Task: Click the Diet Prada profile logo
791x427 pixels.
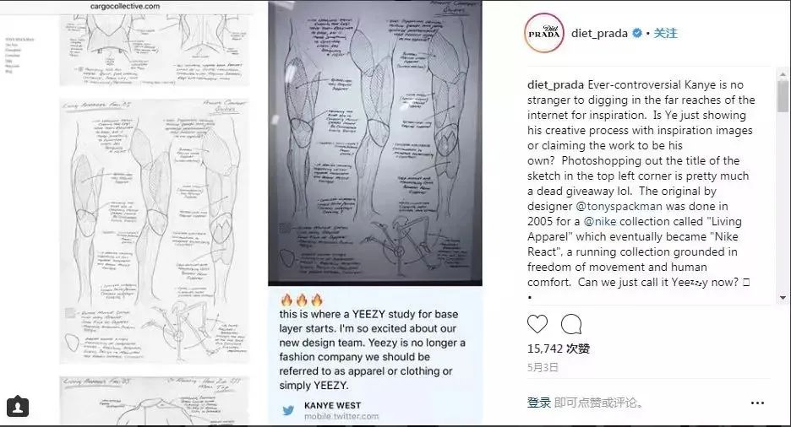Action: tap(543, 33)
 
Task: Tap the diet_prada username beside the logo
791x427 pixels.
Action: tap(602, 34)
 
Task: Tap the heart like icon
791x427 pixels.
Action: tap(537, 324)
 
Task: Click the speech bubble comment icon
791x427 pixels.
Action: tap(571, 324)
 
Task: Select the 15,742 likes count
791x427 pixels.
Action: tap(559, 349)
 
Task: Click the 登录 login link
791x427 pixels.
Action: tap(539, 403)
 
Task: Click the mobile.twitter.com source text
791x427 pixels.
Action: tap(341, 416)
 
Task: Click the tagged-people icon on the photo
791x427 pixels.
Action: tap(18, 407)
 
